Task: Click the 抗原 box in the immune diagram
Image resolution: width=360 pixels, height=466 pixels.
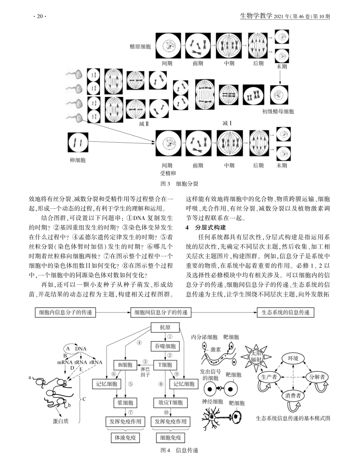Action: point(165,328)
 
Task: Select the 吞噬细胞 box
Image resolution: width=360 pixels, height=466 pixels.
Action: point(165,346)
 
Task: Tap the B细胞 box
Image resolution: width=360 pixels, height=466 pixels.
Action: point(125,365)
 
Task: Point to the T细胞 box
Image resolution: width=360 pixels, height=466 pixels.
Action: point(165,365)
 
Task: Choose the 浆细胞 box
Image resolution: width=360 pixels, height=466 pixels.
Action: point(125,403)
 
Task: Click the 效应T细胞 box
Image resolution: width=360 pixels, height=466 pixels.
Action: point(170,403)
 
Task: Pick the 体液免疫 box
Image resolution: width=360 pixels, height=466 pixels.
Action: point(125,437)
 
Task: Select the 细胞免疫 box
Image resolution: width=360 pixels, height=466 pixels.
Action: point(170,437)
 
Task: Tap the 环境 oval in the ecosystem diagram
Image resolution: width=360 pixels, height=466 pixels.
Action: point(293,359)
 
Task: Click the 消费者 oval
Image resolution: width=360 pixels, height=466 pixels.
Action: point(293,396)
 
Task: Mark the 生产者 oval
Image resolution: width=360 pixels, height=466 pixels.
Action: point(269,377)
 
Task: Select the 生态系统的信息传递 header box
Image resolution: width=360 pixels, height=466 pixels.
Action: point(285,313)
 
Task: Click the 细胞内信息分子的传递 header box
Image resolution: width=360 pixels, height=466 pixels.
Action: point(65,313)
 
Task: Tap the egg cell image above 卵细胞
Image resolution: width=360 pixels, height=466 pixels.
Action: point(78,143)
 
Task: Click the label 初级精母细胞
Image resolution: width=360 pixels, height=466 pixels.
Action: point(278,112)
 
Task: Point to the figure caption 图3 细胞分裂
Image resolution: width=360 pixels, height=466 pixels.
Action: point(180,184)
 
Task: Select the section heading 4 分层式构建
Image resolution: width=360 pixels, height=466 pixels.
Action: point(206,228)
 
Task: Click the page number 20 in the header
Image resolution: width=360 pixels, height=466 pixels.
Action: point(40,16)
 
